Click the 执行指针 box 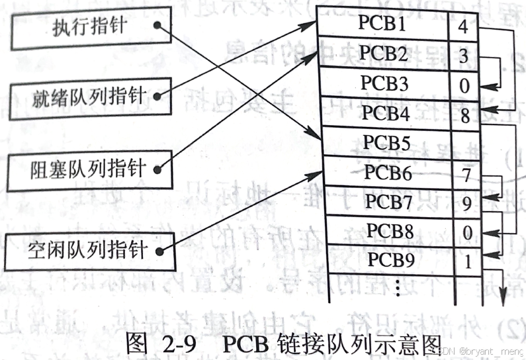tap(90, 28)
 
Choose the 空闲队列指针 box tap(90, 249)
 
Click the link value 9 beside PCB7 tap(467, 204)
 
